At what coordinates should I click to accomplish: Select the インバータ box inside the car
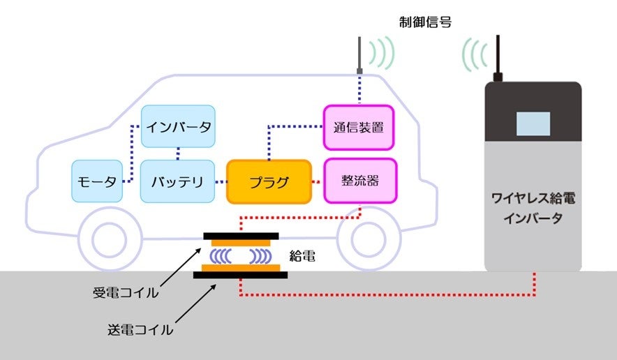(x=179, y=127)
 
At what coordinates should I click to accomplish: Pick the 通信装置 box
(x=359, y=128)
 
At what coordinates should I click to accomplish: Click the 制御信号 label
(x=425, y=22)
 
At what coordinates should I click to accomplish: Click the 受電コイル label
(x=126, y=292)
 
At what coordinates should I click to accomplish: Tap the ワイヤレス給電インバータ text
(x=533, y=209)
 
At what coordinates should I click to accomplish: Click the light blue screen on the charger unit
(x=533, y=123)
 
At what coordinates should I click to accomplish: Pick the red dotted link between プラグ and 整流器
(x=317, y=183)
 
